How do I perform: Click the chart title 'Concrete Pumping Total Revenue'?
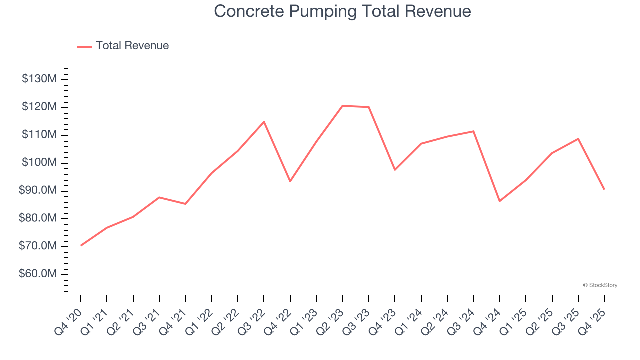point(342,11)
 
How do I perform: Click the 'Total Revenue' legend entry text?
point(132,46)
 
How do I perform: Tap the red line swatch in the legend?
point(85,46)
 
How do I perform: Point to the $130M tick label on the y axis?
point(40,79)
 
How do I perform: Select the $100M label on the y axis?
point(40,163)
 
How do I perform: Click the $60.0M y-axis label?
point(39,274)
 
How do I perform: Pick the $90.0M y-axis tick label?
point(39,191)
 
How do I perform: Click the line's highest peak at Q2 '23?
point(343,106)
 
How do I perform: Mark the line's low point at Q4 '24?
point(500,201)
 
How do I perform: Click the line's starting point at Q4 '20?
point(81,245)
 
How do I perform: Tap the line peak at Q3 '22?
point(264,122)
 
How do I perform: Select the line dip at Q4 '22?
point(290,181)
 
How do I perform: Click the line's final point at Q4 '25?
point(604,189)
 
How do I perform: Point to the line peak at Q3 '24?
point(473,131)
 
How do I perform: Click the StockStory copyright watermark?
point(600,285)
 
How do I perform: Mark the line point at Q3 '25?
point(578,139)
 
